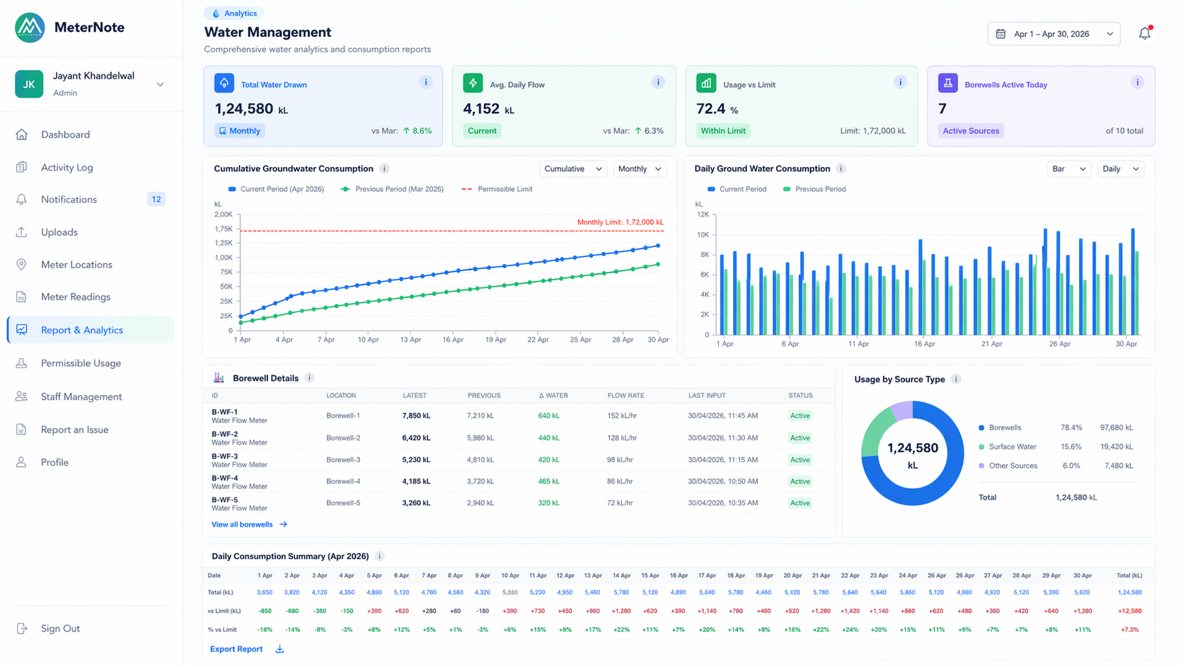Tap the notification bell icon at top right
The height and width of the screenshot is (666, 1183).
[x=1144, y=33]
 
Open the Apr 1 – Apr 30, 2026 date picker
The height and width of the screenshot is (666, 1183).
[x=1053, y=34]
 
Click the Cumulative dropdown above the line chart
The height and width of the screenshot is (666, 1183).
[x=572, y=168]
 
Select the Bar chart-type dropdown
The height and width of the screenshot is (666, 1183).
[x=1068, y=168]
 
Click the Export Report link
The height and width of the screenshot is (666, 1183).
[x=236, y=649]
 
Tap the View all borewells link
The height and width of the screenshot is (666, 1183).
[x=242, y=524]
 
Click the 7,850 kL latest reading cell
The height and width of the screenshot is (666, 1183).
[x=416, y=415]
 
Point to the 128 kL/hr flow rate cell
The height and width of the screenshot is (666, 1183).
[x=621, y=438]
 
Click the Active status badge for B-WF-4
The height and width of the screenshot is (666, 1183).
[x=800, y=481]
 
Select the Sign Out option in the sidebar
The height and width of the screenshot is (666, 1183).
[x=60, y=628]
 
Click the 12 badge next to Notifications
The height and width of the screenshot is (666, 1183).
[x=156, y=200]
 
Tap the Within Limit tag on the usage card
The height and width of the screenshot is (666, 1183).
[x=722, y=131]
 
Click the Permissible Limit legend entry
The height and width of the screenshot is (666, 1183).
[x=504, y=189]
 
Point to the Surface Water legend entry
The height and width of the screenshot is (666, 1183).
[x=1012, y=447]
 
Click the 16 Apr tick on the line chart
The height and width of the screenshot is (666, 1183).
[x=453, y=340]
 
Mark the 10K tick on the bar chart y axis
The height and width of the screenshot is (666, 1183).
[x=703, y=235]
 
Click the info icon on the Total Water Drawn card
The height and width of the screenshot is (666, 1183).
[x=425, y=82]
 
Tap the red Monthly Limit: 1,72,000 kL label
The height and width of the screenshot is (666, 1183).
[x=620, y=222]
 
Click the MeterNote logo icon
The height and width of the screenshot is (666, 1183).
[x=30, y=28]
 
